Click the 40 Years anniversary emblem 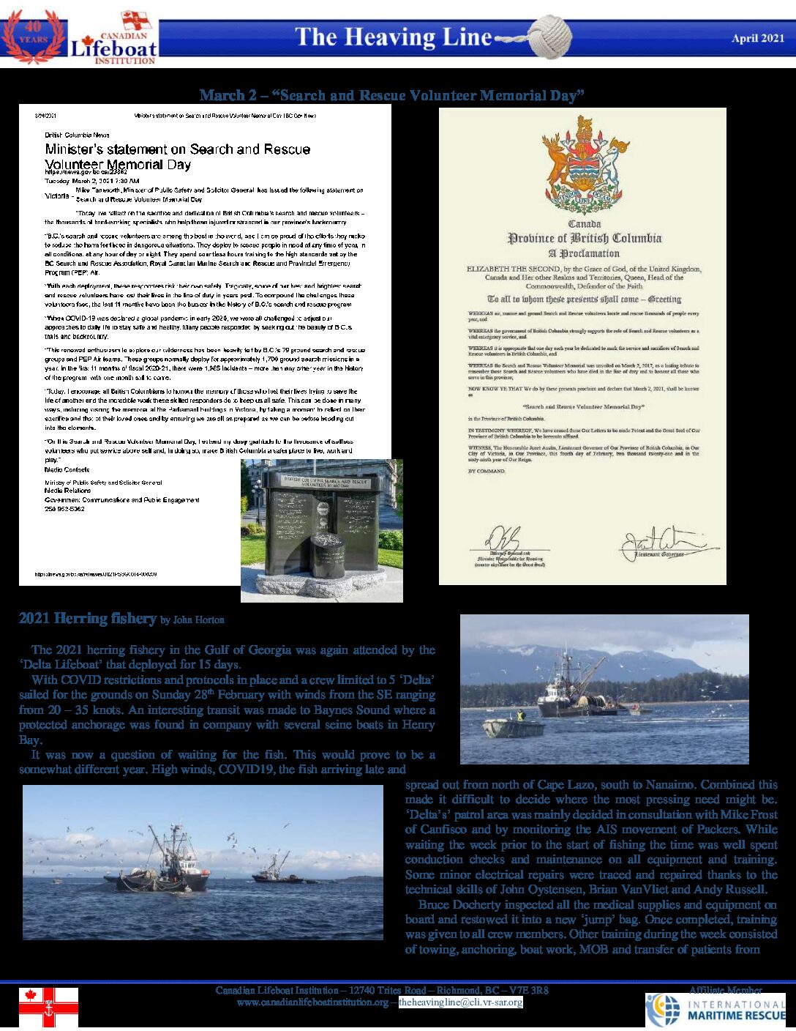pos(34,37)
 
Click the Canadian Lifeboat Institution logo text pos(113,46)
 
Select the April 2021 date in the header pos(757,38)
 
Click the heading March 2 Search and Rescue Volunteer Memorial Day pos(393,95)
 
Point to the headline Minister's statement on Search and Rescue pos(178,149)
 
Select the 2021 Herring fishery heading pos(87,619)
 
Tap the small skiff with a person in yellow pos(514,726)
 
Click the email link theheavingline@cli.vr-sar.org pos(460,1002)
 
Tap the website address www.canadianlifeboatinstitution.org pos(312,1002)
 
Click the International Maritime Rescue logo pos(715,1010)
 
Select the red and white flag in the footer pos(48,1007)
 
